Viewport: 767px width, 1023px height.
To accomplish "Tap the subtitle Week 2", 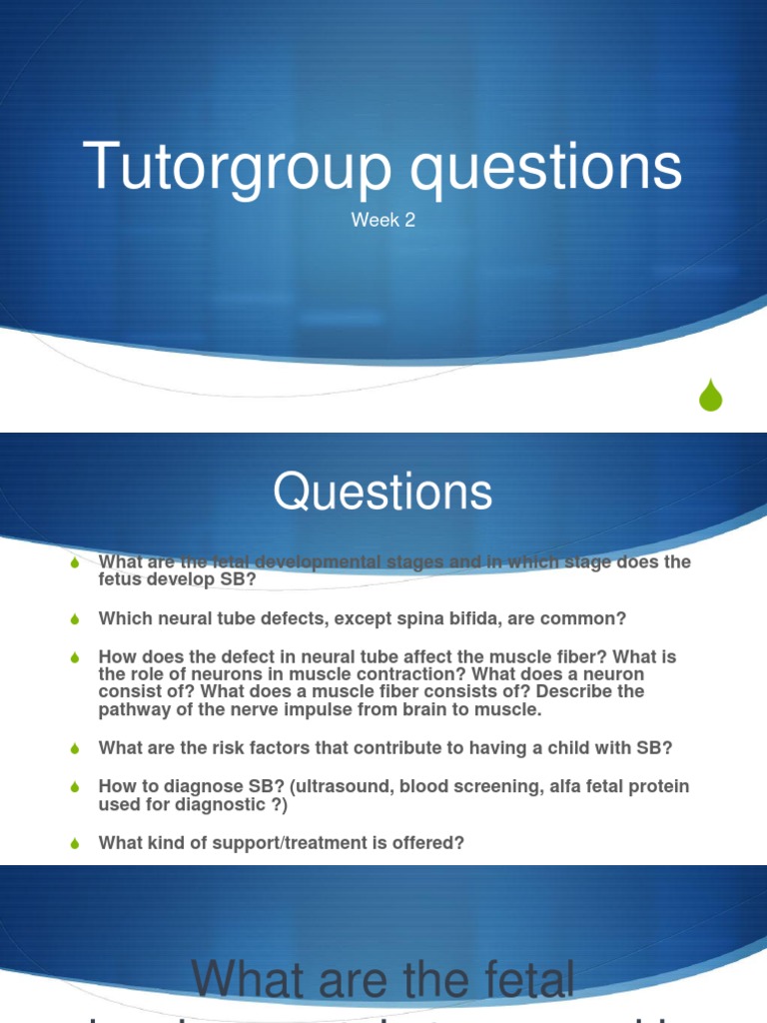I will coord(383,221).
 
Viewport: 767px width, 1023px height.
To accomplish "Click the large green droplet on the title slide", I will coord(710,396).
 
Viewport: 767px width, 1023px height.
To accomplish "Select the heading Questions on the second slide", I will coord(383,493).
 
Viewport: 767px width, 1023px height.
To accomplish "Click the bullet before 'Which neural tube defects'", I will coord(74,620).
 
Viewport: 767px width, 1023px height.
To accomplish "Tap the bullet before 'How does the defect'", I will coord(74,658).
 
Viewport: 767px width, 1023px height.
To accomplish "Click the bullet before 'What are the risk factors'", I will coord(74,749).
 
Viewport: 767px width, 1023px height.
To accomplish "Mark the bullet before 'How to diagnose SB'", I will coord(74,788).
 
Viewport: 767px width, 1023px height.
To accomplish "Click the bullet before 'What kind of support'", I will coord(74,844).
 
